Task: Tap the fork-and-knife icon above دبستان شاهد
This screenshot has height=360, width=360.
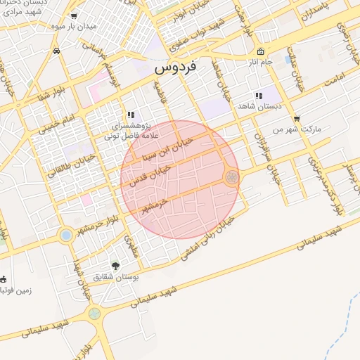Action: [x=259, y=95]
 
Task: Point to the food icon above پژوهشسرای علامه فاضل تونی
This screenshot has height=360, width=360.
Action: [x=130, y=114]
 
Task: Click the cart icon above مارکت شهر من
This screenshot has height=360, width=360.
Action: [x=297, y=118]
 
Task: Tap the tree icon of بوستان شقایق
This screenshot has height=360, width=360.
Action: [x=115, y=265]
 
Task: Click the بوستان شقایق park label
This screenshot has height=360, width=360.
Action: [x=116, y=278]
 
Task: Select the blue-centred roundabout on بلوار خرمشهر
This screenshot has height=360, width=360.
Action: [x=66, y=235]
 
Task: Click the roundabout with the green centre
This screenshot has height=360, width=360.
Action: [x=94, y=314]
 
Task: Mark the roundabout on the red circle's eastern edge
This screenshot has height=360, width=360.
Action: [x=231, y=178]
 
